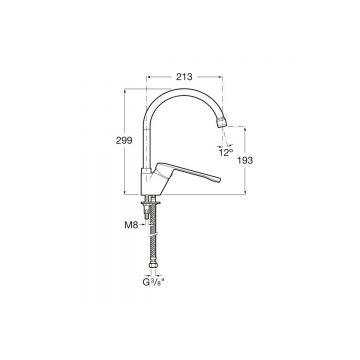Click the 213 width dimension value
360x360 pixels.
(x=184, y=77)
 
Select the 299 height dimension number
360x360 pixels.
(x=124, y=141)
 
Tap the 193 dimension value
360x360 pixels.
(x=245, y=160)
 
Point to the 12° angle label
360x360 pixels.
(x=226, y=153)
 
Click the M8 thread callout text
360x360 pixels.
(x=131, y=225)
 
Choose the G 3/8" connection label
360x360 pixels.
(x=154, y=282)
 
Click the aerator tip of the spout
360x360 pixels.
(x=222, y=122)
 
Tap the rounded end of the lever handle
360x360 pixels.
(x=217, y=179)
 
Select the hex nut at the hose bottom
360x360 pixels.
(x=153, y=266)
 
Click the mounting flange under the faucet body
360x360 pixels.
(x=151, y=202)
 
